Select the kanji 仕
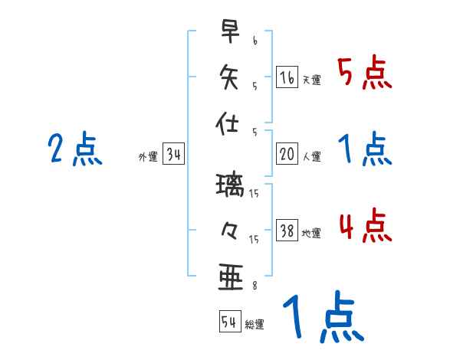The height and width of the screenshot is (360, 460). tap(229, 121)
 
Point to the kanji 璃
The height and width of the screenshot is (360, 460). tap(229, 185)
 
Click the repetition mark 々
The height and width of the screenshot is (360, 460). tap(229, 231)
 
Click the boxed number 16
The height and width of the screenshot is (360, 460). tap(287, 77)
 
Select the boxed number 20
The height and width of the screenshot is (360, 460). tap(287, 153)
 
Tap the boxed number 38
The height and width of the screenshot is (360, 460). tap(287, 231)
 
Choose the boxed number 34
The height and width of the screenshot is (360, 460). tap(173, 154)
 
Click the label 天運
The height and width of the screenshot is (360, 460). tap(311, 80)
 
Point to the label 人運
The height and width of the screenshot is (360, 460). tap(311, 156)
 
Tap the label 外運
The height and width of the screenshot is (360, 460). tap(147, 157)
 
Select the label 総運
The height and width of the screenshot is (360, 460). tap(255, 324)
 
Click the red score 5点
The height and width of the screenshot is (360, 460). tap(364, 73)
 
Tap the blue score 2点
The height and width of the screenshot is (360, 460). tap(75, 149)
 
